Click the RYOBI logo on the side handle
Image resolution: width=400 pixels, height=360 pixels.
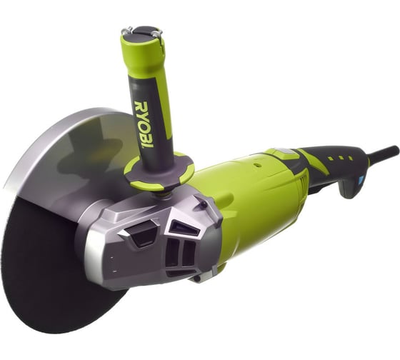[x=144, y=124]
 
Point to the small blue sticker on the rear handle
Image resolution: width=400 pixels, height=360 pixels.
[x=361, y=181]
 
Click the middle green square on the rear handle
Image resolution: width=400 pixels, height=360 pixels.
[x=341, y=158]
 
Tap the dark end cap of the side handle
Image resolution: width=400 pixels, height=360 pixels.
[x=142, y=31]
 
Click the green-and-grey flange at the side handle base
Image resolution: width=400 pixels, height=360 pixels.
[x=159, y=171]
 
